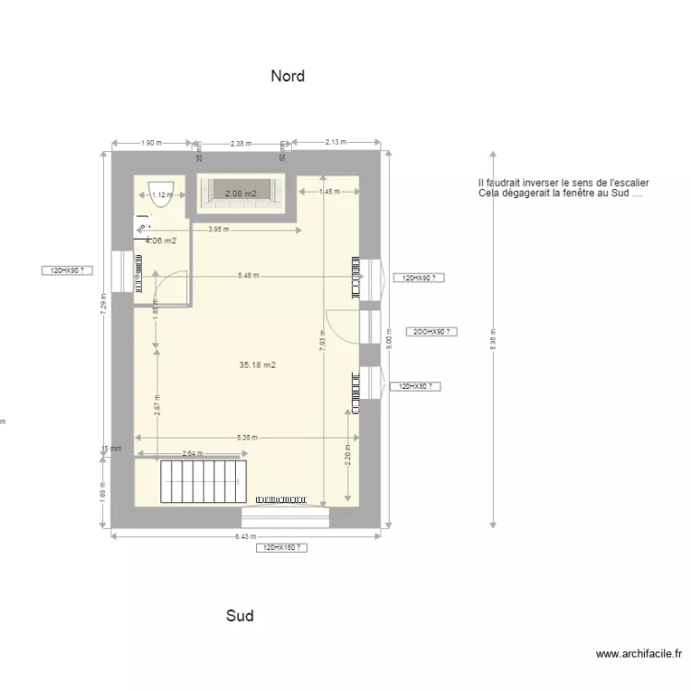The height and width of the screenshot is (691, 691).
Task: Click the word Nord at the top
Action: coord(287,76)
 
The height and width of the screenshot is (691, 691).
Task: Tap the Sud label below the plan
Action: coord(240,615)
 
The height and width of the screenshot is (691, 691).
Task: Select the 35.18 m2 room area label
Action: coord(258,365)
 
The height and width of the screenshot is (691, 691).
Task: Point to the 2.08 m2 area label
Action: coord(240,193)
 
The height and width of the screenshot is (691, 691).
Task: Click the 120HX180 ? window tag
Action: coord(282,547)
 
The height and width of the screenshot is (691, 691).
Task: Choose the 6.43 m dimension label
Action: coord(244,536)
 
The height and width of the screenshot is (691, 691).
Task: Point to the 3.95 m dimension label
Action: coord(218,229)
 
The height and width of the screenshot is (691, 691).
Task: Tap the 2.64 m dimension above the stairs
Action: coord(193,452)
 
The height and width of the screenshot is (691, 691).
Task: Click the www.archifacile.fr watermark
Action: coord(638,654)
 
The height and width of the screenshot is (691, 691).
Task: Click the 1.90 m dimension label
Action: coord(152,143)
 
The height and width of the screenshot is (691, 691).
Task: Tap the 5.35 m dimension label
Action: coord(246,437)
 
